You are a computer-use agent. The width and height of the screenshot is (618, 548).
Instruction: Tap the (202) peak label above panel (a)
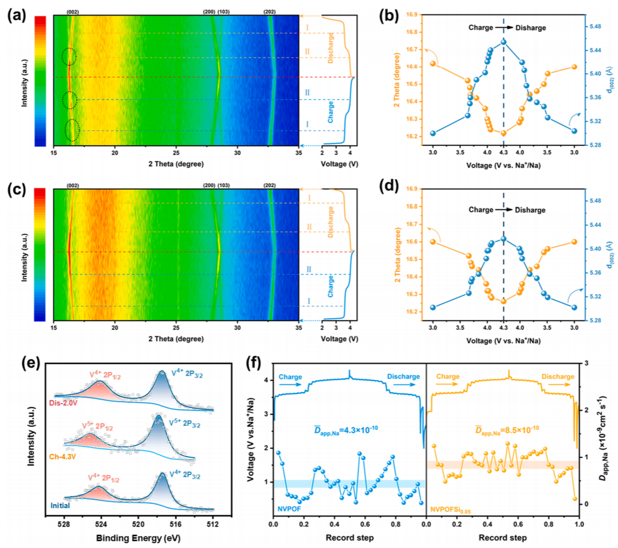coord(270,10)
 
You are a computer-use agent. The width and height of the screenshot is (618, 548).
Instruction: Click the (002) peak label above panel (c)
coord(72,185)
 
